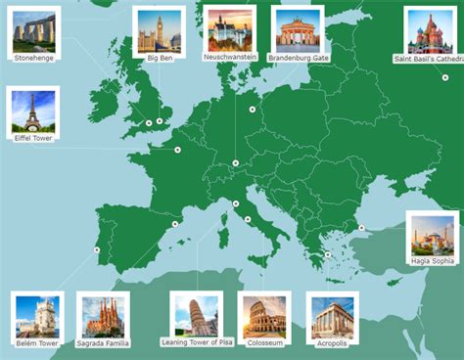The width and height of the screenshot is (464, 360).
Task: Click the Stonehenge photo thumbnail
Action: [x=34, y=31]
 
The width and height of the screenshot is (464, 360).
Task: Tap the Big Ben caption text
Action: [x=160, y=58]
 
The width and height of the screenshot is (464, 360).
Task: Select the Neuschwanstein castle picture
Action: [x=230, y=30]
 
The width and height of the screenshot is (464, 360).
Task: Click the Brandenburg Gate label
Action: [x=298, y=58]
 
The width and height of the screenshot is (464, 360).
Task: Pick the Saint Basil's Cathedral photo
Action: [x=430, y=32]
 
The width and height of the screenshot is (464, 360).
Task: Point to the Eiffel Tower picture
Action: [x=33, y=112]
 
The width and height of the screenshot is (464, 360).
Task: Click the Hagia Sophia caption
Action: [x=432, y=261]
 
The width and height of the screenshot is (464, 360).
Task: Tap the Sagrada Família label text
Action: [x=103, y=343]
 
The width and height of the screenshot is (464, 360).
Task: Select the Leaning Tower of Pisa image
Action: [x=197, y=315]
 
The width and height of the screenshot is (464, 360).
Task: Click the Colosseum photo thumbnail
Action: [x=264, y=317]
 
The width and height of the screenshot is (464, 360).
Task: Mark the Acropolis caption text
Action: [x=333, y=343]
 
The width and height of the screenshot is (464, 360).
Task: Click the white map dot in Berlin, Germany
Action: [x=253, y=109]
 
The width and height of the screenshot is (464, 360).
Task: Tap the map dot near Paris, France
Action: [x=177, y=150]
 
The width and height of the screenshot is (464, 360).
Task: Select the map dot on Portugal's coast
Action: [x=97, y=250]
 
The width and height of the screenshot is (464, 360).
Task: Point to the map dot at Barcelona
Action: [x=174, y=224]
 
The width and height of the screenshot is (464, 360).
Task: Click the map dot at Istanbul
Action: [x=361, y=228]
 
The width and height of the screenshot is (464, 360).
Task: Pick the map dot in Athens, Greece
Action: [x=328, y=255]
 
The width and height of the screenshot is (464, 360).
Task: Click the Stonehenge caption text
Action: [x=34, y=58]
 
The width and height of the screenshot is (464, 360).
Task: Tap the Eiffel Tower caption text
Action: [x=33, y=138]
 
